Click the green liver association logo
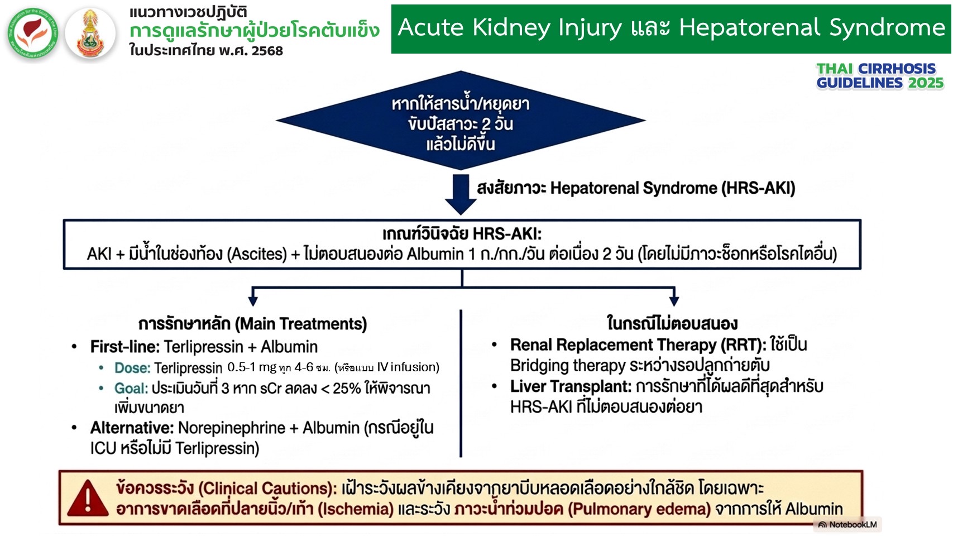click(33, 33)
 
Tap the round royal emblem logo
click(90, 33)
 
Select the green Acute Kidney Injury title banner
click(671, 29)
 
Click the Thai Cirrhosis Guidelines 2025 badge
click(880, 76)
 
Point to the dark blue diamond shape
click(461, 121)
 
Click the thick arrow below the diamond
click(461, 194)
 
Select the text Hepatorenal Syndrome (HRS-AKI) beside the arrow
click(673, 188)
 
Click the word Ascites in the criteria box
click(257, 254)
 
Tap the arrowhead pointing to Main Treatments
click(253, 301)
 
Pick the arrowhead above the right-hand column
click(674, 301)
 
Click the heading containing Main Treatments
click(253, 324)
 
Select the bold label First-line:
click(124, 347)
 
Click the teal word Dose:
click(132, 367)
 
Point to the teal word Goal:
click(131, 388)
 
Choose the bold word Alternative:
click(132, 428)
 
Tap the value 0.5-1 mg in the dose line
click(252, 367)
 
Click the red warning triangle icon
click(88, 497)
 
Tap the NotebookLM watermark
click(847, 524)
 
